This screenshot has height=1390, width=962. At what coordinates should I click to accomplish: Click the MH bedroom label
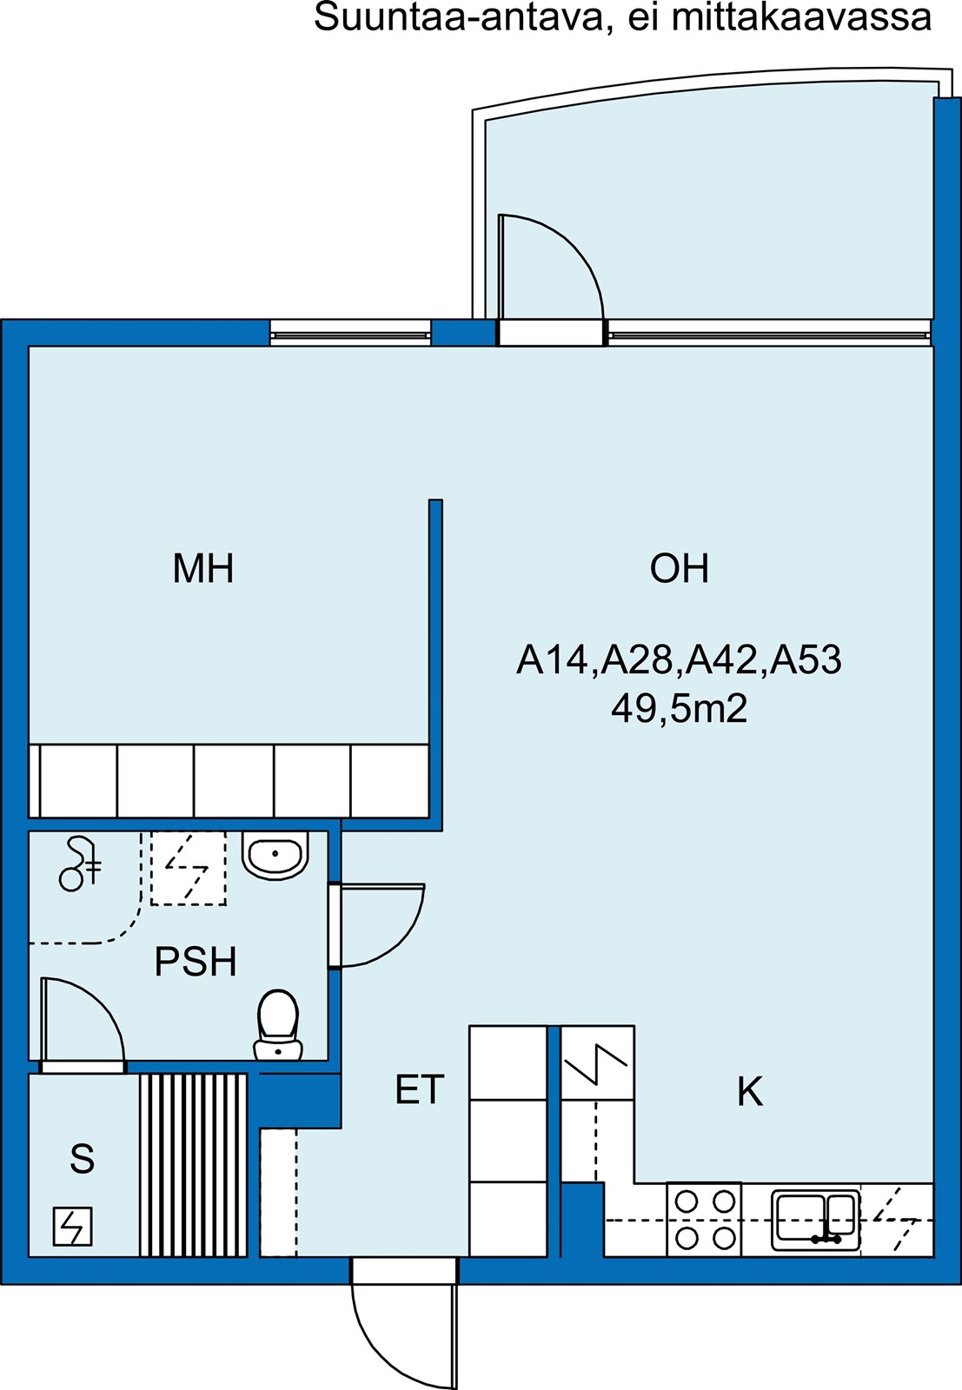pyautogui.click(x=203, y=568)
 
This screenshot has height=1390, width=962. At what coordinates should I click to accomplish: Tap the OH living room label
pyautogui.click(x=679, y=568)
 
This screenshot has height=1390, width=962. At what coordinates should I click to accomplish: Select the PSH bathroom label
pyautogui.click(x=196, y=961)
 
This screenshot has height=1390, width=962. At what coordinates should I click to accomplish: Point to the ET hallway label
pyautogui.click(x=420, y=1089)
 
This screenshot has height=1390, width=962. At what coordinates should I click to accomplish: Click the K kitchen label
pyautogui.click(x=750, y=1091)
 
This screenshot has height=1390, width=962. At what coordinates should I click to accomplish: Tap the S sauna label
pyautogui.click(x=82, y=1158)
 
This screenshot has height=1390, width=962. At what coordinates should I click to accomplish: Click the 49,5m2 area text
pyautogui.click(x=679, y=708)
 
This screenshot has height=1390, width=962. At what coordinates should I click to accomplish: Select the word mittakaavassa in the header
pyautogui.click(x=801, y=17)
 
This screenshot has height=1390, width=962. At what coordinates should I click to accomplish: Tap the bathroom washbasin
pyautogui.click(x=275, y=856)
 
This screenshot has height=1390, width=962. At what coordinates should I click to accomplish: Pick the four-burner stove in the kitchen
pyautogui.click(x=705, y=1220)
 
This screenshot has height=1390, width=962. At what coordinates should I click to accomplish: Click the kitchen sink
pyautogui.click(x=816, y=1220)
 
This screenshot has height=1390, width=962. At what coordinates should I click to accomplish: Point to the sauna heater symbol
pyautogui.click(x=73, y=1226)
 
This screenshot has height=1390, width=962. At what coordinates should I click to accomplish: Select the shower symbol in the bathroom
pyautogui.click(x=79, y=864)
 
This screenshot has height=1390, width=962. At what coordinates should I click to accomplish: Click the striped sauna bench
pyautogui.click(x=193, y=1165)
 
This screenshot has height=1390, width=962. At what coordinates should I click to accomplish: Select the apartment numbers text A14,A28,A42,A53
pyautogui.click(x=679, y=659)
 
